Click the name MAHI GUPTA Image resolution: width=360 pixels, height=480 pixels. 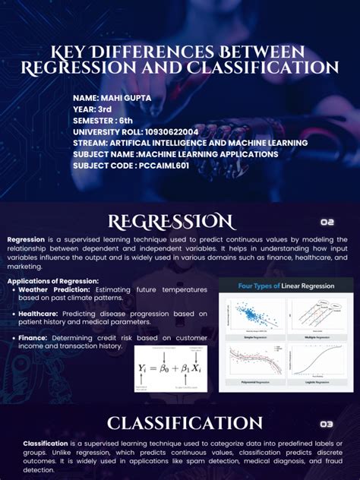[x=117, y=99]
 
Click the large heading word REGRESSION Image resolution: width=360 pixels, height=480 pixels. [x=171, y=222]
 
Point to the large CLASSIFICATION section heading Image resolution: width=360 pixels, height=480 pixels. [x=185, y=423]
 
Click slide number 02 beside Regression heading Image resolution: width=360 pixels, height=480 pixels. [x=327, y=223]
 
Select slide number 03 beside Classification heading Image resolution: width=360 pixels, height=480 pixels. [x=327, y=424]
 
